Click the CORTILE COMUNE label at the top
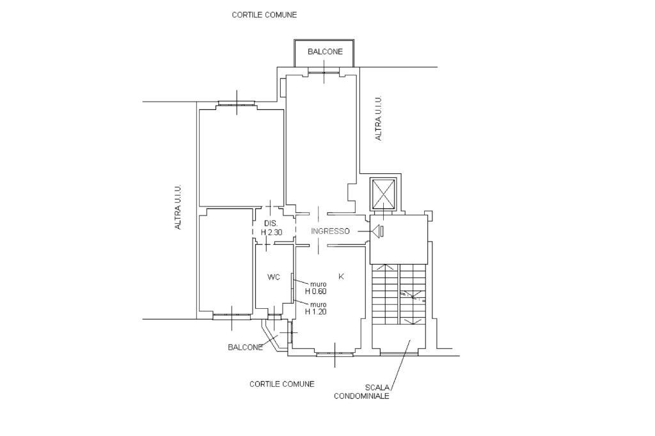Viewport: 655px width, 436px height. point(264,15)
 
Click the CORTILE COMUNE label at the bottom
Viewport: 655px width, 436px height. point(281,384)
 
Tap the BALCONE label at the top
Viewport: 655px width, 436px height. point(324,52)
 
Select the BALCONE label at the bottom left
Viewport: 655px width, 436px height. point(245,348)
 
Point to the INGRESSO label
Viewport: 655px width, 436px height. point(330,231)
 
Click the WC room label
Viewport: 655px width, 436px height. point(274,277)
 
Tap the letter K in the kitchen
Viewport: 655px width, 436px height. point(341,276)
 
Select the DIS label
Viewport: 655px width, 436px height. point(270,223)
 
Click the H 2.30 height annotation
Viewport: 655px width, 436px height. point(272,233)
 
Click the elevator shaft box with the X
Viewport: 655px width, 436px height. point(384,194)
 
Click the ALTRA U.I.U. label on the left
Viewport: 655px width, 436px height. point(178,208)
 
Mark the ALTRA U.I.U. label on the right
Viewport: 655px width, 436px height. point(378,118)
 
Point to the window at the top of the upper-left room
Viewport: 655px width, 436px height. point(237,103)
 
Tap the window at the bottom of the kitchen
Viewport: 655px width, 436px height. point(335,353)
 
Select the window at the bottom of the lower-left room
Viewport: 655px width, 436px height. point(232,316)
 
